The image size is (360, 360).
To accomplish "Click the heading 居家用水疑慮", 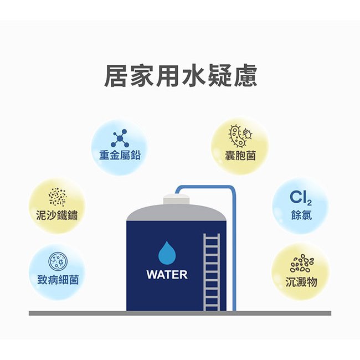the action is (x=181, y=75).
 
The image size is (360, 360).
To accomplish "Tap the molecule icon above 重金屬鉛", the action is (x=120, y=138).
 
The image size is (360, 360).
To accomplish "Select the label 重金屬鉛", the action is (x=120, y=155).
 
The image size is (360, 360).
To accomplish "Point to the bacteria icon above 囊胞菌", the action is (x=240, y=136).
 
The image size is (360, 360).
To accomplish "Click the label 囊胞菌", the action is (x=240, y=156).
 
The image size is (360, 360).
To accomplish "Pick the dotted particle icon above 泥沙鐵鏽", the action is (x=58, y=197).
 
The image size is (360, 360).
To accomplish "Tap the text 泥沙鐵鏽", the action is (x=56, y=215).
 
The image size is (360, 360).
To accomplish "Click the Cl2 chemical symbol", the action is (x=301, y=198).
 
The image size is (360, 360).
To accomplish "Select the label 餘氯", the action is (x=301, y=215).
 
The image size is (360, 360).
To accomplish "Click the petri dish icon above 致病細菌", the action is (x=58, y=261).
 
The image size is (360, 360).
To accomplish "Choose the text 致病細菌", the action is (x=58, y=280).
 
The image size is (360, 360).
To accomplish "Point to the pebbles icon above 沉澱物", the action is (x=302, y=263).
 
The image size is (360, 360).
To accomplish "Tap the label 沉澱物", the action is (x=301, y=282).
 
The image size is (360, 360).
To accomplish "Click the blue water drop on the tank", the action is (x=167, y=253).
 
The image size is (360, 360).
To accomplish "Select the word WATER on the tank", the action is (x=167, y=275).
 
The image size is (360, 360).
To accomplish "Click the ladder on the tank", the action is (x=212, y=272).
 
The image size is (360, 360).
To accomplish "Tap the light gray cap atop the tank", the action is (x=176, y=199).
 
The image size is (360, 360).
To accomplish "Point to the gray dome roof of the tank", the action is (x=176, y=213).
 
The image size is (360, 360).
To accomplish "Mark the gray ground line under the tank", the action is (x=180, y=313).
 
